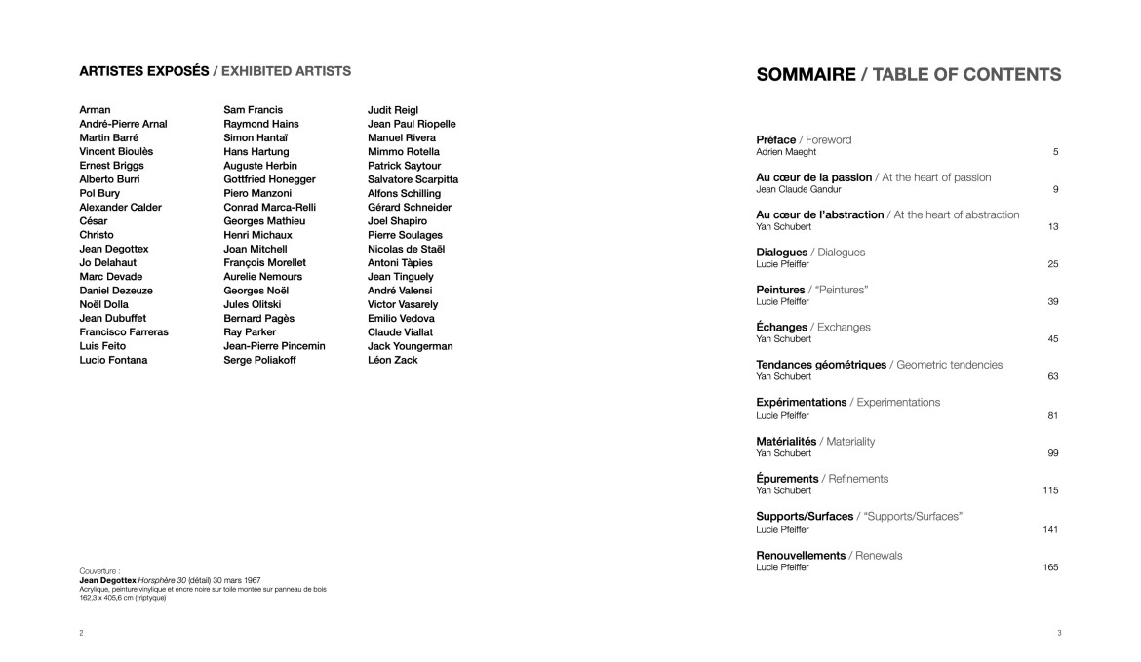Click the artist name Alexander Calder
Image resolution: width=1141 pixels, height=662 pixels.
(120, 208)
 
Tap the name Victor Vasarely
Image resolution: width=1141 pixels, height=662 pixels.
(403, 305)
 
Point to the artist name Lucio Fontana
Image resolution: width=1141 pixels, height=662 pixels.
(113, 361)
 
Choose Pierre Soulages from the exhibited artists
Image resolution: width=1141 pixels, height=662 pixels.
(405, 236)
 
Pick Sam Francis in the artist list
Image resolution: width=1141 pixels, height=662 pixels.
(253, 111)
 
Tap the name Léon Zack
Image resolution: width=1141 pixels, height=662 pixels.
(392, 361)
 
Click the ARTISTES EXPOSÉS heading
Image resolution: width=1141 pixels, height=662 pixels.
(143, 71)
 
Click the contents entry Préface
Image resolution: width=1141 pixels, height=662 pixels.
(777, 140)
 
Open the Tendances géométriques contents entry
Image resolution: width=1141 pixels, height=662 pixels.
(821, 365)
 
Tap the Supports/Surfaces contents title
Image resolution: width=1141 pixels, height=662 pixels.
(805, 516)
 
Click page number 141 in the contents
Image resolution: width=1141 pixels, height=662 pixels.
(1050, 530)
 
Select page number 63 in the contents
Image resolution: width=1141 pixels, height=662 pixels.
(1053, 377)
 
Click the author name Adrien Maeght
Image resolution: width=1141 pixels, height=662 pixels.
(786, 152)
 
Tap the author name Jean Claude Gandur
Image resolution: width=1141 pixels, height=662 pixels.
(798, 190)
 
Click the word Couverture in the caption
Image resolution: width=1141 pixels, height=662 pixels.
(98, 571)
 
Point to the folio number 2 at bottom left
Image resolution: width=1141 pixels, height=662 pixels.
(81, 634)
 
